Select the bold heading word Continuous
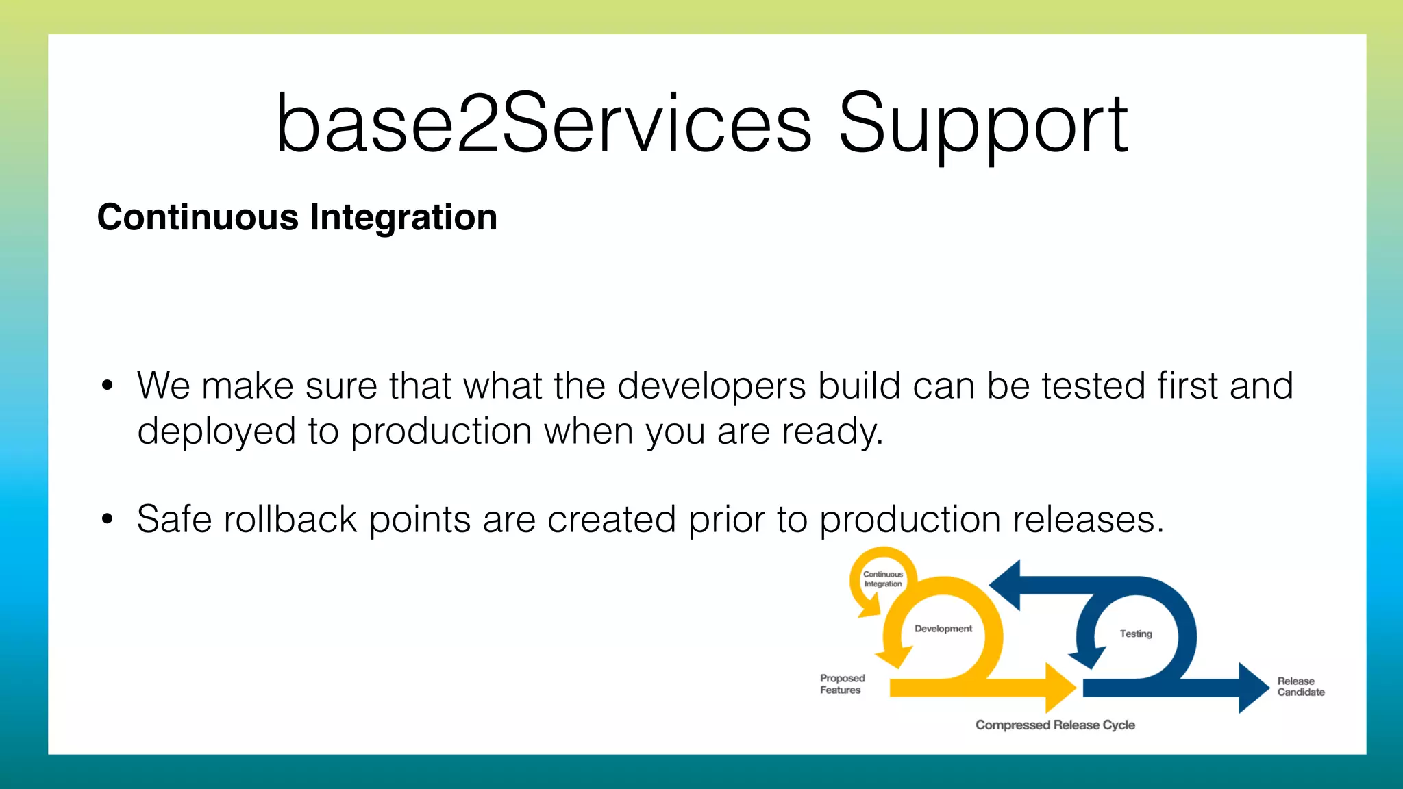click(x=198, y=218)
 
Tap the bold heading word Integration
click(x=403, y=218)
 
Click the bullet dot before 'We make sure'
click(x=107, y=386)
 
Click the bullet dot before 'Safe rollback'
click(x=107, y=520)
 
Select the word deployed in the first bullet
click(x=216, y=432)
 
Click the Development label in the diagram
click(x=943, y=629)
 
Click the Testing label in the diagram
click(x=1135, y=634)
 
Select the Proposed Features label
click(x=842, y=684)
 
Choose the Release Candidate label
click(x=1300, y=687)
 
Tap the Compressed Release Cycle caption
click(x=1055, y=725)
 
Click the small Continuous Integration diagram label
click(x=882, y=579)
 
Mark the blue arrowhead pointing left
click(x=1006, y=585)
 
